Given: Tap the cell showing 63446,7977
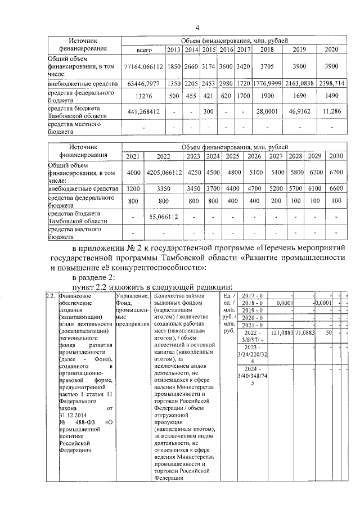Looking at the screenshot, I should tap(145, 83).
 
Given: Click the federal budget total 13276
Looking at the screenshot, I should tap(145, 96).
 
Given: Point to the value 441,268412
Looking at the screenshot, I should tap(145, 111).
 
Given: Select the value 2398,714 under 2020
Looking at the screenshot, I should tap(335, 83).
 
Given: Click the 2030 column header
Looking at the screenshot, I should tap(336, 156).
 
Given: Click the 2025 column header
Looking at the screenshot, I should tap(233, 156).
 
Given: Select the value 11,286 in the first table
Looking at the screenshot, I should tap(335, 111).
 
